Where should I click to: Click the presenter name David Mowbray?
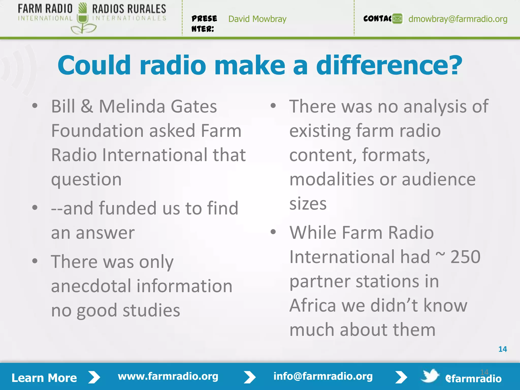point(257,19)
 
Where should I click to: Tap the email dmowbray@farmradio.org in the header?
point(458,19)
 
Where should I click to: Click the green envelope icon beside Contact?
point(397,19)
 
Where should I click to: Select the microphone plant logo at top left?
point(83,19)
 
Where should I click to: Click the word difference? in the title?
point(389,66)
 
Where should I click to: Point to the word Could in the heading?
point(94,66)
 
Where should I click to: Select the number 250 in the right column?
point(465,257)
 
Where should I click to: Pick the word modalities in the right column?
point(332,180)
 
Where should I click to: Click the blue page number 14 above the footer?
point(502,349)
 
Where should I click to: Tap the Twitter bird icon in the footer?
point(430,376)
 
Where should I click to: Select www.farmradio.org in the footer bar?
point(168,376)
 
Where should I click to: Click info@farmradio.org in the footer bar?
point(323,376)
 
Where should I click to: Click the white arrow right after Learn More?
point(94,377)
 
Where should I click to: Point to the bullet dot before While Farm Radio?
point(273,232)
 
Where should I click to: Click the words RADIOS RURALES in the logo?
point(129,9)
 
